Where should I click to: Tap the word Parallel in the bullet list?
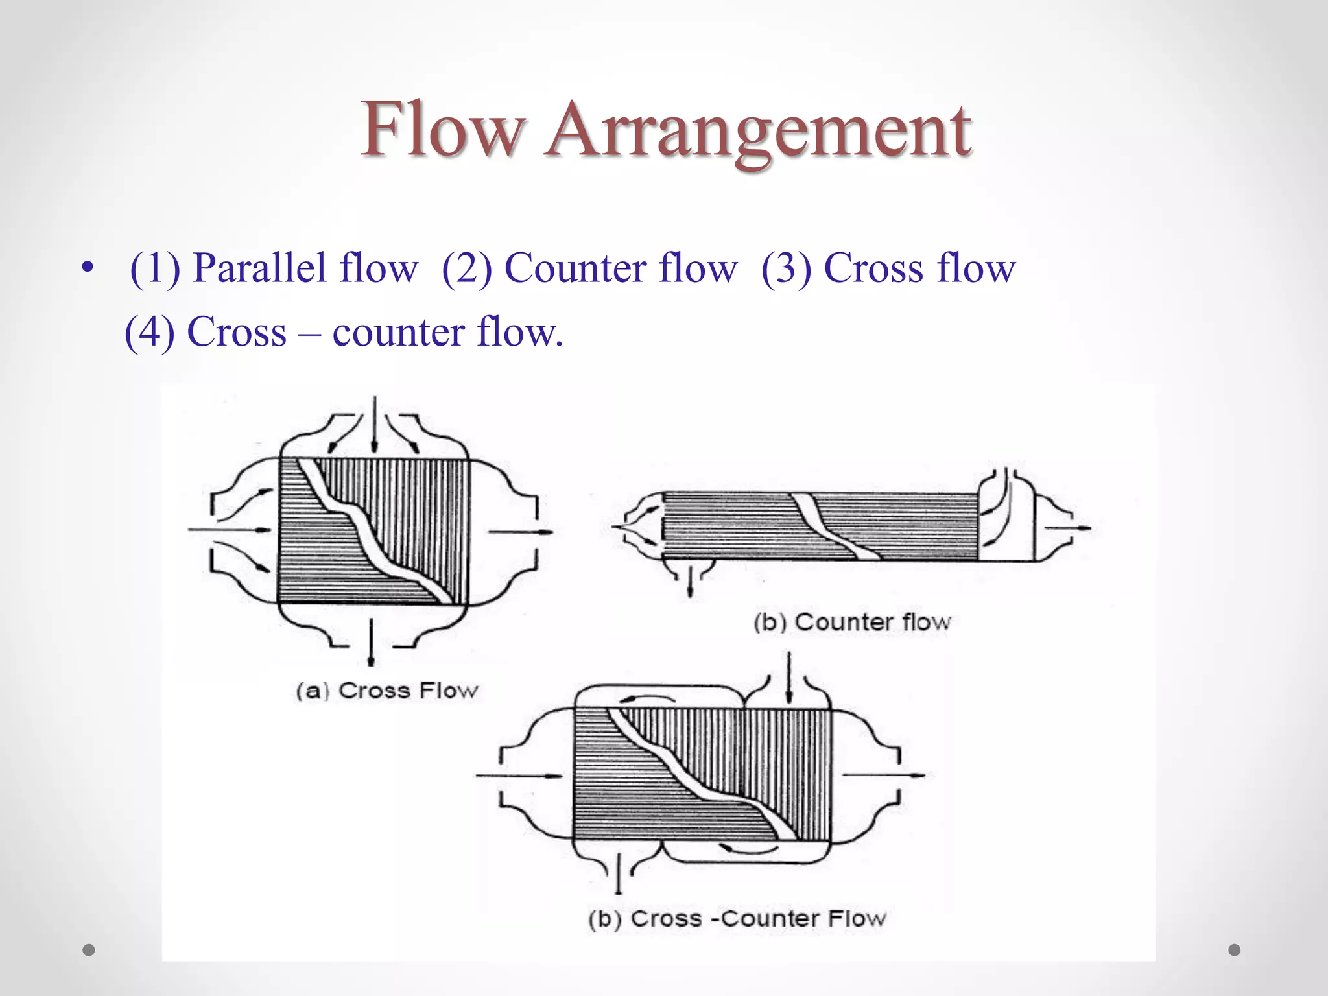click(x=259, y=268)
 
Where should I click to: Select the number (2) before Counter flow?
click(x=466, y=268)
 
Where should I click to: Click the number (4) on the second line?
click(x=149, y=332)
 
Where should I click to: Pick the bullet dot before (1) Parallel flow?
click(x=87, y=268)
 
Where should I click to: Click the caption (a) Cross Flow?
click(x=387, y=691)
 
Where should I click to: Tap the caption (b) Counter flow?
click(x=851, y=622)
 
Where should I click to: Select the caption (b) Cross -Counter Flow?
click(x=737, y=918)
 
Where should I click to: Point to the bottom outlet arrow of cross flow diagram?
click(x=371, y=642)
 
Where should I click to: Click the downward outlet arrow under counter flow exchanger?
click(x=690, y=580)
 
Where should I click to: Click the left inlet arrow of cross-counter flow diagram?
click(x=519, y=775)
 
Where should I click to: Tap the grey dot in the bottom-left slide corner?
click(x=89, y=951)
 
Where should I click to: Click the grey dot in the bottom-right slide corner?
click(x=1235, y=950)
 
